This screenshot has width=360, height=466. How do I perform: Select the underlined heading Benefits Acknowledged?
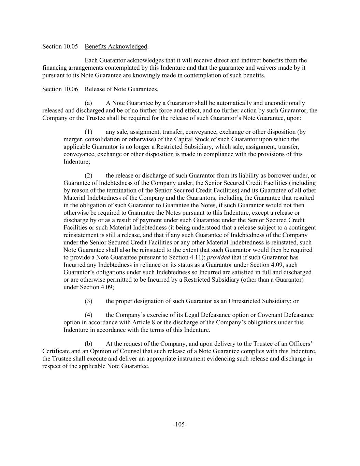[x=116, y=46]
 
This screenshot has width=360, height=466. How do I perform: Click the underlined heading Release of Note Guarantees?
[x=121, y=89]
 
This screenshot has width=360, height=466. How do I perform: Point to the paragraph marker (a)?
[x=88, y=103]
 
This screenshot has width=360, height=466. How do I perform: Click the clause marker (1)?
[x=88, y=132]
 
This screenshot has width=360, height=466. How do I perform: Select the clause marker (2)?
[x=88, y=175]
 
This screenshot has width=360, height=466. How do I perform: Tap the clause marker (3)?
[x=88, y=301]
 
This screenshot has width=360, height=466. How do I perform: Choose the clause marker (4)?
[x=88, y=315]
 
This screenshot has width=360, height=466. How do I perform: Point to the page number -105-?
[x=180, y=424]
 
